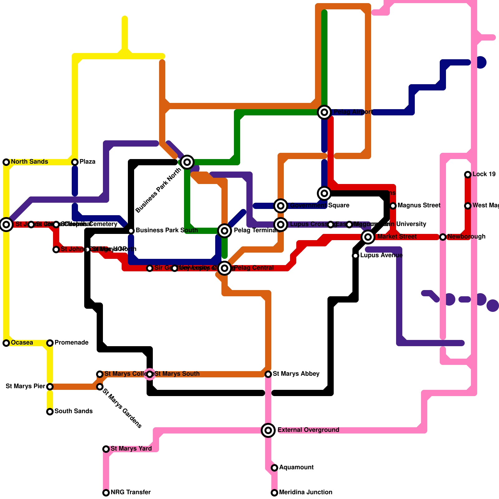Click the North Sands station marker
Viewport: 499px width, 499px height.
coord(6,162)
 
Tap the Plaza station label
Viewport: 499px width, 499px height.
coord(87,162)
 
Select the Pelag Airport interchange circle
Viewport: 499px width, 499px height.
coord(324,112)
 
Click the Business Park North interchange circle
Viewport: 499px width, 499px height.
coord(187,162)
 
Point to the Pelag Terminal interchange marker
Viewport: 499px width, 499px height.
coord(225,230)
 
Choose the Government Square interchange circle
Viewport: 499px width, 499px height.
coord(281,206)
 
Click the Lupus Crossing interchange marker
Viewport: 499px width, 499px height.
coord(281,224)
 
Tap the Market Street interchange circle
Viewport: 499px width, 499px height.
coord(368,237)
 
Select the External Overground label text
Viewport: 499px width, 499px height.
coord(308,430)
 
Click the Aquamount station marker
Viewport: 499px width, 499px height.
coord(274,468)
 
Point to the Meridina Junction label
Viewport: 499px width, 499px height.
coord(306,492)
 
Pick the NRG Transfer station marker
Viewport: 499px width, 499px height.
coord(106,492)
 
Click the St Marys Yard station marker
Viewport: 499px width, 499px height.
coord(106,449)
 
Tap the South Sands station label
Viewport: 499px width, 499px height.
coord(73,411)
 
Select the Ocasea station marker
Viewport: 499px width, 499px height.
coord(6,343)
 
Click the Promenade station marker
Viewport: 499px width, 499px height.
coord(50,343)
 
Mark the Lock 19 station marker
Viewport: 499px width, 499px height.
coord(468,174)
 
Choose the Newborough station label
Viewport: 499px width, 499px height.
coord(466,237)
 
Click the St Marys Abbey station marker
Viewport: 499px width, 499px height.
coord(268,374)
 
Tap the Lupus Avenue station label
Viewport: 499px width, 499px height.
coord(381,255)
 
